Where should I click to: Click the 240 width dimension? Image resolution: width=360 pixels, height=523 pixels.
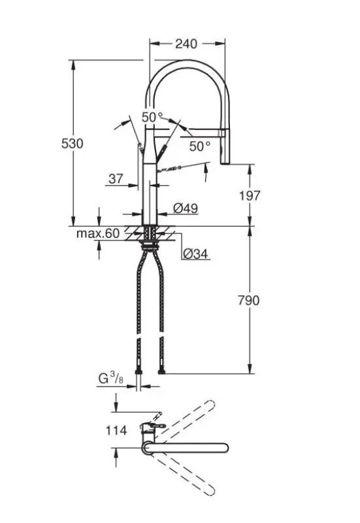tap(186, 44)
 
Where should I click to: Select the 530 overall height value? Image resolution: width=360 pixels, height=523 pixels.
tap(72, 143)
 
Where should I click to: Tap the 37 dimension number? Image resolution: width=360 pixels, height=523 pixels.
tap(115, 178)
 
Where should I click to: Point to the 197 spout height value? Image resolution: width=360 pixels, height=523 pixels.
tap(250, 195)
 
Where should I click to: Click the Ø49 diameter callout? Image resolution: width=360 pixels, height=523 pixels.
tap(186, 209)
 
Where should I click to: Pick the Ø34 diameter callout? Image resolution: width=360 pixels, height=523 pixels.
tap(195, 254)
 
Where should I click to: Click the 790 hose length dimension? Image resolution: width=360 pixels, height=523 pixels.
tap(249, 300)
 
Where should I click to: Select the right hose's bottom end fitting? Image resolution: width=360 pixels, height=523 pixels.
tap(161, 371)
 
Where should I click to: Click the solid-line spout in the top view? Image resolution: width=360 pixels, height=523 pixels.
tap(189, 448)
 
